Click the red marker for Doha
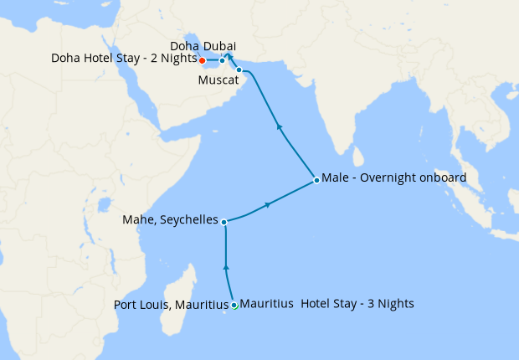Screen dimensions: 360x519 click(x=203, y=60)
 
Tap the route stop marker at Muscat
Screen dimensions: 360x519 click(x=239, y=69)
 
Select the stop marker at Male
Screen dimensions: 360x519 click(x=316, y=180)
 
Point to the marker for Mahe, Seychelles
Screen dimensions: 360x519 click(x=224, y=221)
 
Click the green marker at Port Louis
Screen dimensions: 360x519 click(x=234, y=306)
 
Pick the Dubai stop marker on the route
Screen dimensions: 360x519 click(x=222, y=60)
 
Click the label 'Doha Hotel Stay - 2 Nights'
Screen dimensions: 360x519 click(x=123, y=59)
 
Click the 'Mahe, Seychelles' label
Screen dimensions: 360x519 click(x=170, y=221)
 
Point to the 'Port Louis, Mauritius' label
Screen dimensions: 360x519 click(x=170, y=305)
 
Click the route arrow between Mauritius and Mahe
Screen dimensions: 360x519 click(x=226, y=267)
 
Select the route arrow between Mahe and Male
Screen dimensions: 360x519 click(x=268, y=204)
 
